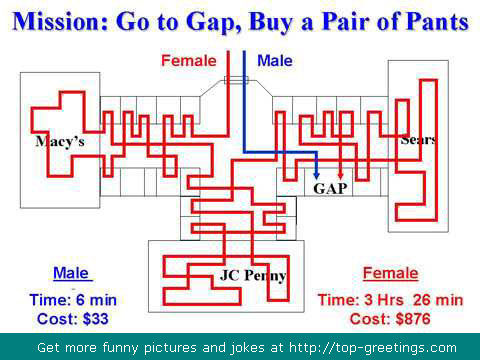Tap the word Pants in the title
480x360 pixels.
(x=438, y=22)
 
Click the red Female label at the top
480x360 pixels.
(x=189, y=61)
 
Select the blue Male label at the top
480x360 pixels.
(x=275, y=61)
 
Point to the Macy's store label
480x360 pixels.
(x=60, y=142)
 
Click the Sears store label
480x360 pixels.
(x=418, y=140)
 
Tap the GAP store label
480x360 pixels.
(x=330, y=189)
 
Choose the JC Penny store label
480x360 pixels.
(x=253, y=276)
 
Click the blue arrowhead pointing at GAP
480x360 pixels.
(x=317, y=175)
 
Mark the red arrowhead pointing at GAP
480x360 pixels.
(x=340, y=175)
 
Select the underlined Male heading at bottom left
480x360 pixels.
(x=71, y=273)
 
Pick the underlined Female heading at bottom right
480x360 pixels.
(x=390, y=273)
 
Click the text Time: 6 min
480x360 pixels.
(x=73, y=300)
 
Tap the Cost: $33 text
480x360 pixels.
(x=73, y=319)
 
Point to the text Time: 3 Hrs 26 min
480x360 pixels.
(x=390, y=300)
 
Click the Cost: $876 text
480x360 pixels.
(x=390, y=319)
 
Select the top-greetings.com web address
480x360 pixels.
(x=373, y=348)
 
